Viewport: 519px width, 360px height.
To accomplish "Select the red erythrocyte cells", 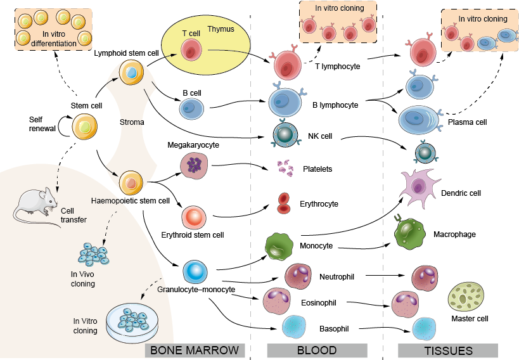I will (x=284, y=202).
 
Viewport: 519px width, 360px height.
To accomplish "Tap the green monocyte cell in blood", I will (x=278, y=247).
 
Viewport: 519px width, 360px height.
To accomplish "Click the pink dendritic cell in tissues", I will (x=419, y=186).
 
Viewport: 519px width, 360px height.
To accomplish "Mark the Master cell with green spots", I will (x=466, y=298).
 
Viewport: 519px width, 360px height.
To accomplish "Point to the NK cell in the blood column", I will (x=286, y=135).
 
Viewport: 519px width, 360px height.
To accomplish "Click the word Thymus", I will (x=221, y=29).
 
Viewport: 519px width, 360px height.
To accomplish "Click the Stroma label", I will (x=132, y=122).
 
